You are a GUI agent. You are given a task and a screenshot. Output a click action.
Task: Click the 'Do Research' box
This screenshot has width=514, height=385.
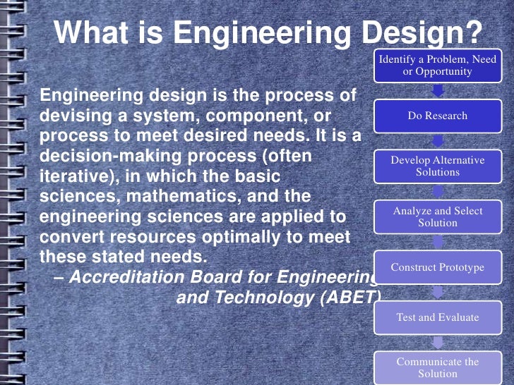(x=437, y=116)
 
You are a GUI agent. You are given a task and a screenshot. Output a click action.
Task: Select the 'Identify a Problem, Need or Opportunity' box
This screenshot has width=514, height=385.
(x=437, y=66)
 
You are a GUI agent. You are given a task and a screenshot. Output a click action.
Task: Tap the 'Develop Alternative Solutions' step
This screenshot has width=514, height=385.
(x=437, y=166)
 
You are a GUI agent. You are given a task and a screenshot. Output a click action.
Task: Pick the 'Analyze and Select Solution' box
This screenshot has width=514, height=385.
(x=437, y=216)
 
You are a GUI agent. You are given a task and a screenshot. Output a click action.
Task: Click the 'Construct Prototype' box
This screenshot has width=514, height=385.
(x=437, y=267)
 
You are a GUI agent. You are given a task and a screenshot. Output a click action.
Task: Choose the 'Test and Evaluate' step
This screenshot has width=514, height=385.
(x=437, y=317)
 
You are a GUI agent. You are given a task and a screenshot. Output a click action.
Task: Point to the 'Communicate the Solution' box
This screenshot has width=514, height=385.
(x=437, y=367)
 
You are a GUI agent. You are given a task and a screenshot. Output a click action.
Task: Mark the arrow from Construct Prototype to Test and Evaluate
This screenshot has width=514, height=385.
(x=438, y=293)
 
